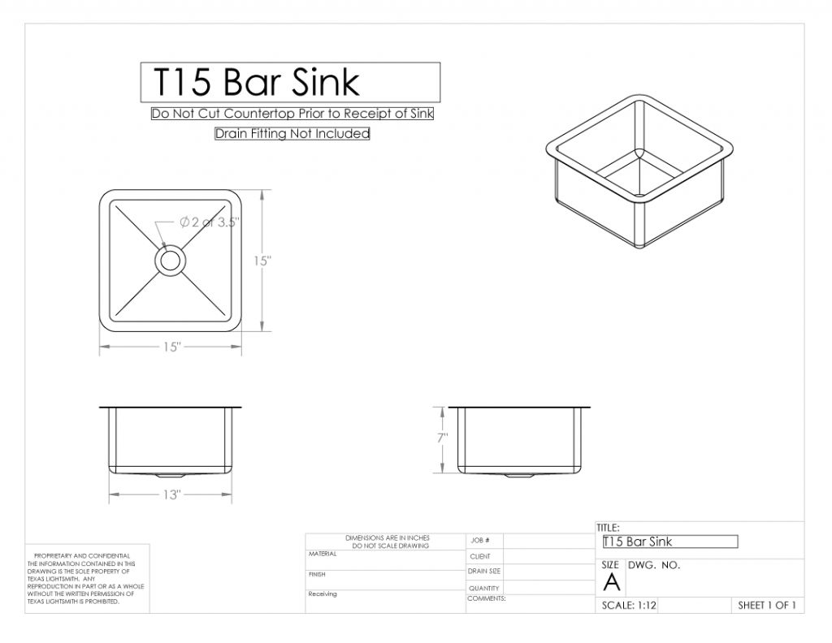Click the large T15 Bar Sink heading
tap(256, 82)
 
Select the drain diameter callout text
tap(210, 222)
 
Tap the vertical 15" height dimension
tap(262, 261)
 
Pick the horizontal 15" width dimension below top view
tap(171, 347)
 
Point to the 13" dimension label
tap(171, 495)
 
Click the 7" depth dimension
tap(442, 438)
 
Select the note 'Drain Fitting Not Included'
tap(292, 134)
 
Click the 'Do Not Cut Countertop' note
tap(292, 114)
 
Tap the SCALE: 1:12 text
tap(629, 606)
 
